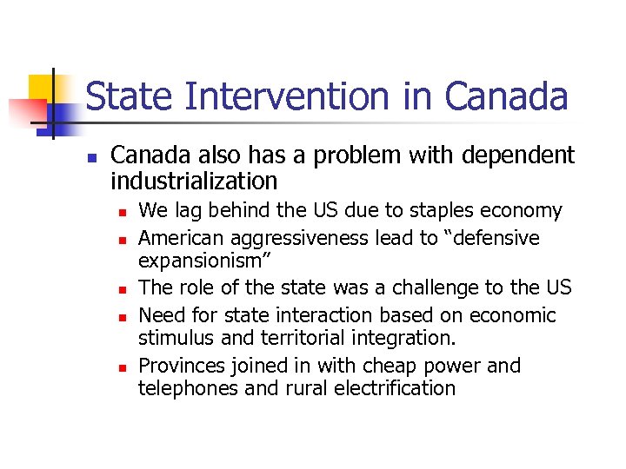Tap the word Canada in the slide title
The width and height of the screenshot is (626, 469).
[508, 96]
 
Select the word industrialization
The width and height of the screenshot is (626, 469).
[194, 181]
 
